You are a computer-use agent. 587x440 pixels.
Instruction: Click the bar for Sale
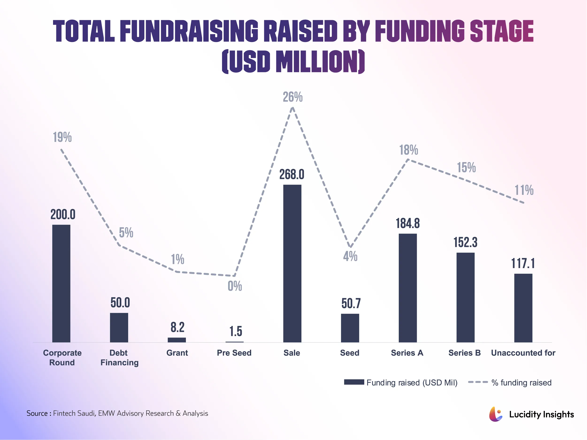pos(292,263)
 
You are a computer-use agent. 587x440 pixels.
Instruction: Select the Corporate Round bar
pos(61,283)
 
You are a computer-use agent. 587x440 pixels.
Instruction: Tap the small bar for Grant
pos(177,340)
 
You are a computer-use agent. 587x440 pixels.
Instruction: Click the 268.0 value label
pos(292,174)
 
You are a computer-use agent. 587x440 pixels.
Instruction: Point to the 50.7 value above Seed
pos(351,303)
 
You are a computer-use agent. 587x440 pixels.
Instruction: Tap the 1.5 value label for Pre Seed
pos(236,331)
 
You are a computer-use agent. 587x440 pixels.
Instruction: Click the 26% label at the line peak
pos(292,97)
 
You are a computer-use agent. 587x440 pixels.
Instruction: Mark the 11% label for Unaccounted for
pos(524,190)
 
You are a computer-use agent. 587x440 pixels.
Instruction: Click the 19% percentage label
pos(62,137)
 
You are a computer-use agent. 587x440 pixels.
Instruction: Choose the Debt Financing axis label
pos(119,357)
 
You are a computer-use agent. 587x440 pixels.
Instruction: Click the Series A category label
pos(407,353)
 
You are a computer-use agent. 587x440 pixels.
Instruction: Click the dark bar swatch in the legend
pos(354,382)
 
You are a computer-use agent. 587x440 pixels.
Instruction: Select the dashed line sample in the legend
pos(478,382)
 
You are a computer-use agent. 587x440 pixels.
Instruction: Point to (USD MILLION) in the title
pos(293,61)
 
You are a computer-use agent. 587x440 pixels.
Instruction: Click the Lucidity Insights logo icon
pos(495,414)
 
